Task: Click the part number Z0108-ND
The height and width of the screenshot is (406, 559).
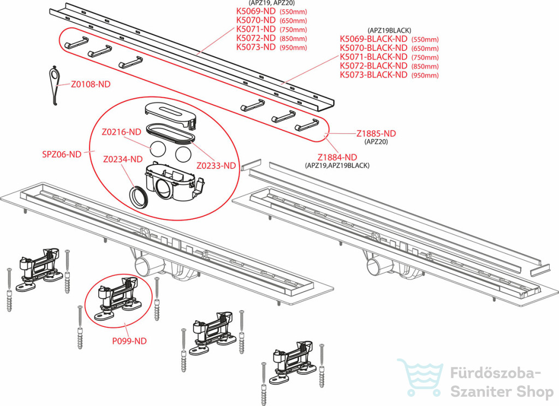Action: tap(91, 85)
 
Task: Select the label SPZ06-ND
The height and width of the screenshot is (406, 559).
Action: tap(62, 154)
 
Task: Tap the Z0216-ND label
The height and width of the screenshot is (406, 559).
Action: tap(121, 132)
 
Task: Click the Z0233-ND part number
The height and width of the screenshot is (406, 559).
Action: tap(216, 165)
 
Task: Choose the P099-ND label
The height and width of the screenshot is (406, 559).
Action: tap(129, 341)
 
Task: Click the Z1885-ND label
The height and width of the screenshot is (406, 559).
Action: tap(376, 133)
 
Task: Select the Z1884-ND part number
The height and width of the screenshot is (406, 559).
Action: tap(337, 157)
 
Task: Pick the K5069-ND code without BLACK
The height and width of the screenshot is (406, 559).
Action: tap(255, 11)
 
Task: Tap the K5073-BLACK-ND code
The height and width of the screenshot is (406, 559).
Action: tap(373, 75)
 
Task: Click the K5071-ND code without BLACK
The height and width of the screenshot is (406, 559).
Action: tap(255, 29)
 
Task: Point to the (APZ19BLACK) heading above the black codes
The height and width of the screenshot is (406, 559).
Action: tap(389, 31)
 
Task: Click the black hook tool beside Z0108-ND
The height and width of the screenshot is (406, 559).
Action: tap(54, 85)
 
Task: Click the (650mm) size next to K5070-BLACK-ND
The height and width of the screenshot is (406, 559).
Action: tap(425, 49)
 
